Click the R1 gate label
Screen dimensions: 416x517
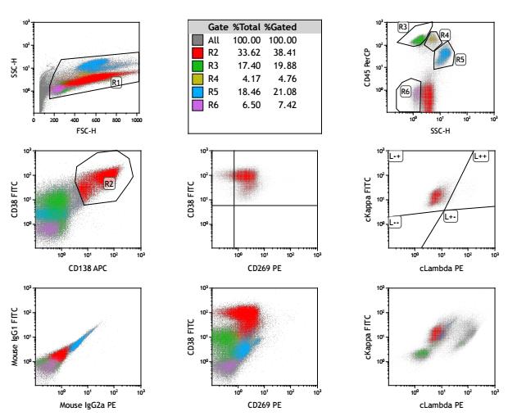116,83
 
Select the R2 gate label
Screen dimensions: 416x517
109,184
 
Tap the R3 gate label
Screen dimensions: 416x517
403,27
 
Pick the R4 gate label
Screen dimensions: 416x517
445,35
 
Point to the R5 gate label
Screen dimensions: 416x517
460,60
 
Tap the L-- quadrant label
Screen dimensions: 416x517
396,222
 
